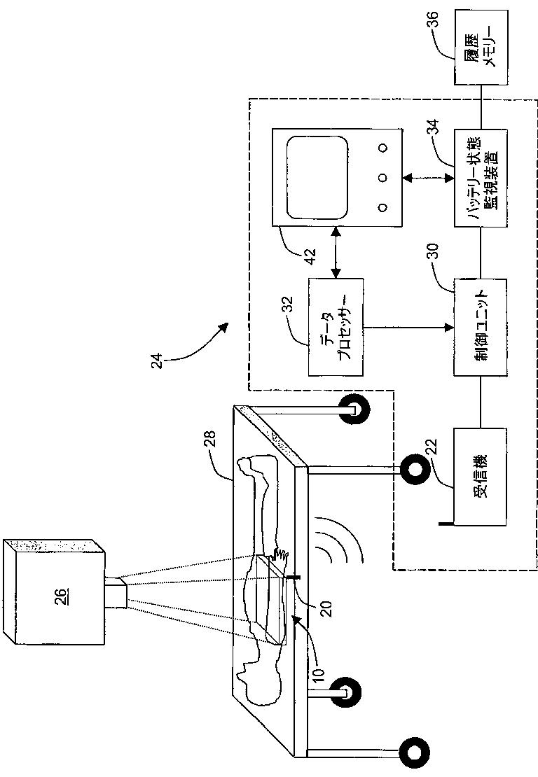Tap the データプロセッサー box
coord(336,328)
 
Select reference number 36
coord(433,18)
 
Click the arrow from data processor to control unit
coord(408,328)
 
